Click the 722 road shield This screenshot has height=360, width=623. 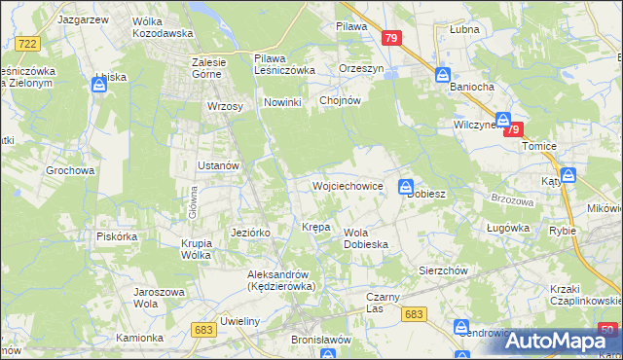tap(27, 43)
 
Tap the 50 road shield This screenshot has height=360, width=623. tap(607, 330)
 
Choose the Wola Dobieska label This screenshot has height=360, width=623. tap(367, 238)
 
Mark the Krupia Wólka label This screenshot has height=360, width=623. tap(196, 249)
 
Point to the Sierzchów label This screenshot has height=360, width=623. tap(444, 270)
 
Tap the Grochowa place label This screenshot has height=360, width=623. tap(70, 170)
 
